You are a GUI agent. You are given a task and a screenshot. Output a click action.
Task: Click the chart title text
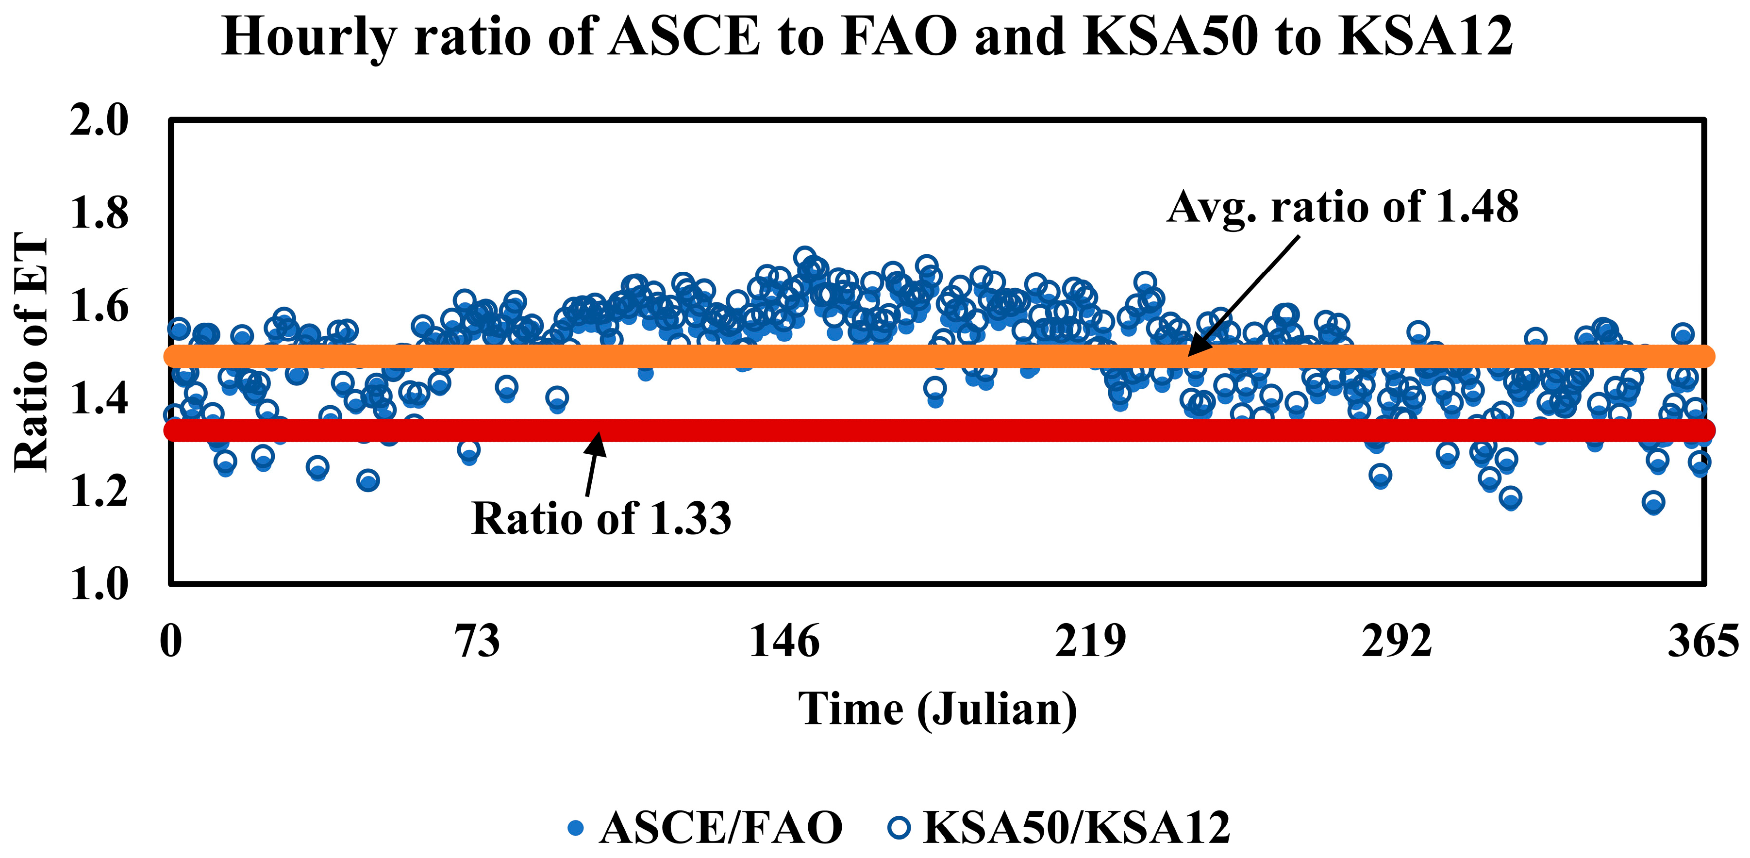[x=867, y=37]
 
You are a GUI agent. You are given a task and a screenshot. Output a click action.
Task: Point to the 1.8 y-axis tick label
[x=99, y=214]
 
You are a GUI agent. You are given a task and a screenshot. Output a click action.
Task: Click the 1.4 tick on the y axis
[x=99, y=399]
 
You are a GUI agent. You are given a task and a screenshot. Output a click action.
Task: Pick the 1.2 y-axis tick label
[x=99, y=491]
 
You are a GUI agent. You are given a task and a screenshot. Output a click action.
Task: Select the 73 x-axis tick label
[x=478, y=641]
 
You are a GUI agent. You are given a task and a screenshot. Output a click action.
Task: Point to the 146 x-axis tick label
[x=784, y=641]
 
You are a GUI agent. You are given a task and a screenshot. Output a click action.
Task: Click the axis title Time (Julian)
[x=937, y=710]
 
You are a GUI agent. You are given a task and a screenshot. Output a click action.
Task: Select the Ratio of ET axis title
[x=33, y=352]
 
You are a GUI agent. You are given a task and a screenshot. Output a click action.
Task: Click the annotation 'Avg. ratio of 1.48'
[x=1342, y=207]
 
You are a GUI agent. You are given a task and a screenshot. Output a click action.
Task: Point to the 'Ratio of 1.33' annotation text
[x=601, y=519]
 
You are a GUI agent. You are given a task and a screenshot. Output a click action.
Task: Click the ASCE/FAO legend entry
[x=720, y=827]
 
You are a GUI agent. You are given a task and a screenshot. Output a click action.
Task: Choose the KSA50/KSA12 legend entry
[x=1076, y=827]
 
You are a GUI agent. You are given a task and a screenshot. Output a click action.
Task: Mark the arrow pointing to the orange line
[x=1243, y=296]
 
